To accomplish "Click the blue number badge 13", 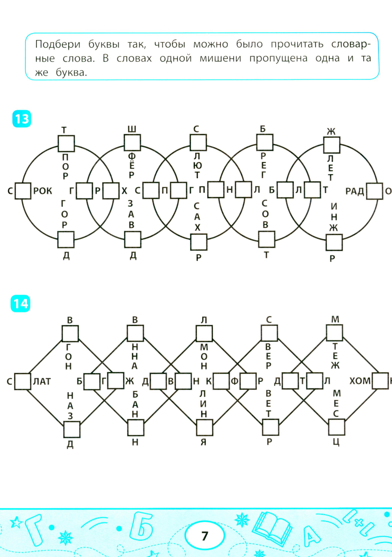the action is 22,119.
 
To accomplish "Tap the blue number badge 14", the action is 20,304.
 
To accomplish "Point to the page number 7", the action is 205,536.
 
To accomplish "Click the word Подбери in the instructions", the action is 58,44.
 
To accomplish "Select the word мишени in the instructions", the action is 220,58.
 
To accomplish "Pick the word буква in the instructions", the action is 71,72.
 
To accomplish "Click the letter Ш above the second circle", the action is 132,129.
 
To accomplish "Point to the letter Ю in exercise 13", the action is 197,165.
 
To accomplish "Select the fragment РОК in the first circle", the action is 43,191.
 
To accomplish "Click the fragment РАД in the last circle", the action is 355,191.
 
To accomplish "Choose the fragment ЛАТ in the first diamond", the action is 42,381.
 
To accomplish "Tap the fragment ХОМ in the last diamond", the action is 359,381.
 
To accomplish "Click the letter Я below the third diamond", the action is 203,442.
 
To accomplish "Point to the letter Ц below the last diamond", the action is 336,442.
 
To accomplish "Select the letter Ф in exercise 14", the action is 235,381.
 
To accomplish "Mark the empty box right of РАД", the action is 374,191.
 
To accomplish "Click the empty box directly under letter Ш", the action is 132,143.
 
